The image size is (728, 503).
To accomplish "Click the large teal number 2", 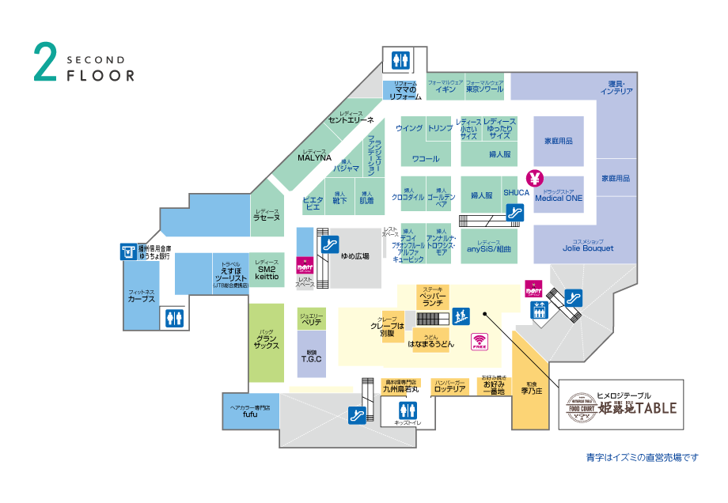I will (45, 62).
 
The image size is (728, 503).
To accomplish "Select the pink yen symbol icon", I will (534, 176).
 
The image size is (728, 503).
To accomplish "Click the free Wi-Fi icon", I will (480, 342).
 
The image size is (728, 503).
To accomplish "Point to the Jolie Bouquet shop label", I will (588, 248).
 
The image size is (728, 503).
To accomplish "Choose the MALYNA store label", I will (314, 157).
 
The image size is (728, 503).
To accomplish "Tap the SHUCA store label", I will (516, 193).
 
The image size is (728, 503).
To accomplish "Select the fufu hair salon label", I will (250, 414).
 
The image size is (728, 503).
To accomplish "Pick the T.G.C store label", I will (311, 358).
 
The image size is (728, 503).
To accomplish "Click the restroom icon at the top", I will (400, 60).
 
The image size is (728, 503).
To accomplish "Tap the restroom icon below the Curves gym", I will (174, 318).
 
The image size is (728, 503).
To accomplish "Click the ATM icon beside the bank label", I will (128, 251).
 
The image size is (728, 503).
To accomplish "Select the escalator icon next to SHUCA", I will (515, 212).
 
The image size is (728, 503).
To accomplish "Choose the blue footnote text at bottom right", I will (643, 458).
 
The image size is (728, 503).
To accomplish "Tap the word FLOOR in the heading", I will (100, 77).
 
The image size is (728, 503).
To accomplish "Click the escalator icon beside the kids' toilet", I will (357, 414).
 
